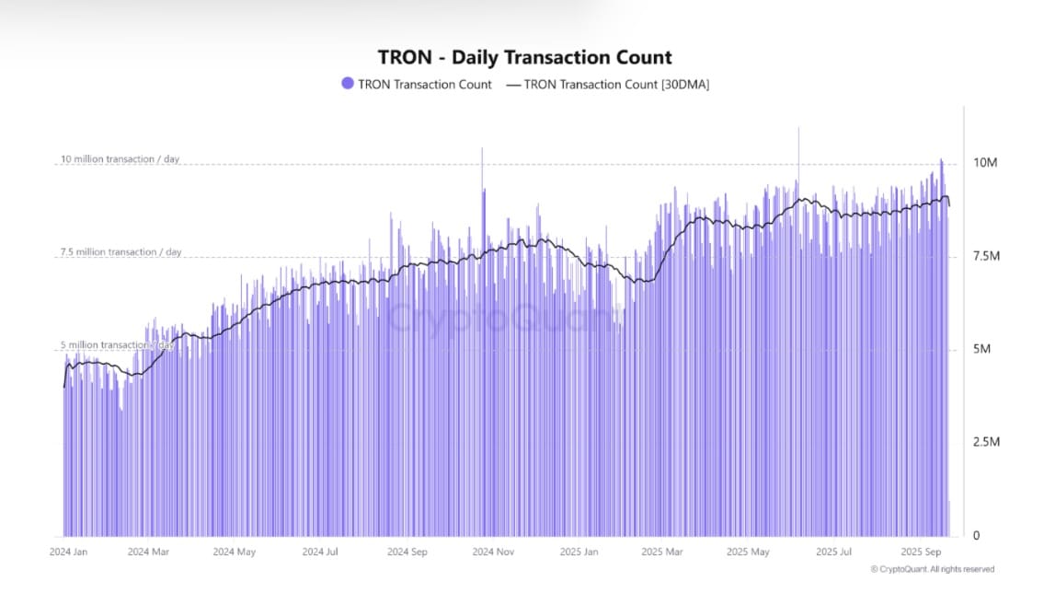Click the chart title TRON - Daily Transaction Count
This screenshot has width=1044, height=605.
[524, 57]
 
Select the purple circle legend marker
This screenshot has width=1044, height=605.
[347, 84]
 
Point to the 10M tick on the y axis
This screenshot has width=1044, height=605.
[985, 163]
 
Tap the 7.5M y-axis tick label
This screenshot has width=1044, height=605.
[985, 256]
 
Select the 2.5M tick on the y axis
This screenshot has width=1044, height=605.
[985, 443]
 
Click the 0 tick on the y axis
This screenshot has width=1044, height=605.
[977, 536]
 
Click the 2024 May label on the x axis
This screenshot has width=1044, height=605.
[234, 553]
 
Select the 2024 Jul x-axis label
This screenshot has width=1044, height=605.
[320, 553]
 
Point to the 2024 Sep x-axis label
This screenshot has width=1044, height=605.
[407, 553]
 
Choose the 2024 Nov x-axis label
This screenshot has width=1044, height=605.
[493, 553]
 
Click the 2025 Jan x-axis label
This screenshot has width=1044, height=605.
[579, 553]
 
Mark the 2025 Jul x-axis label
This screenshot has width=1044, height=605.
[833, 553]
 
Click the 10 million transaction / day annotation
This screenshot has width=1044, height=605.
[120, 159]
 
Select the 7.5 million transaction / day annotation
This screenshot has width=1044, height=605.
[120, 252]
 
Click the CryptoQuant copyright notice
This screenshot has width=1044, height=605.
[932, 569]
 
